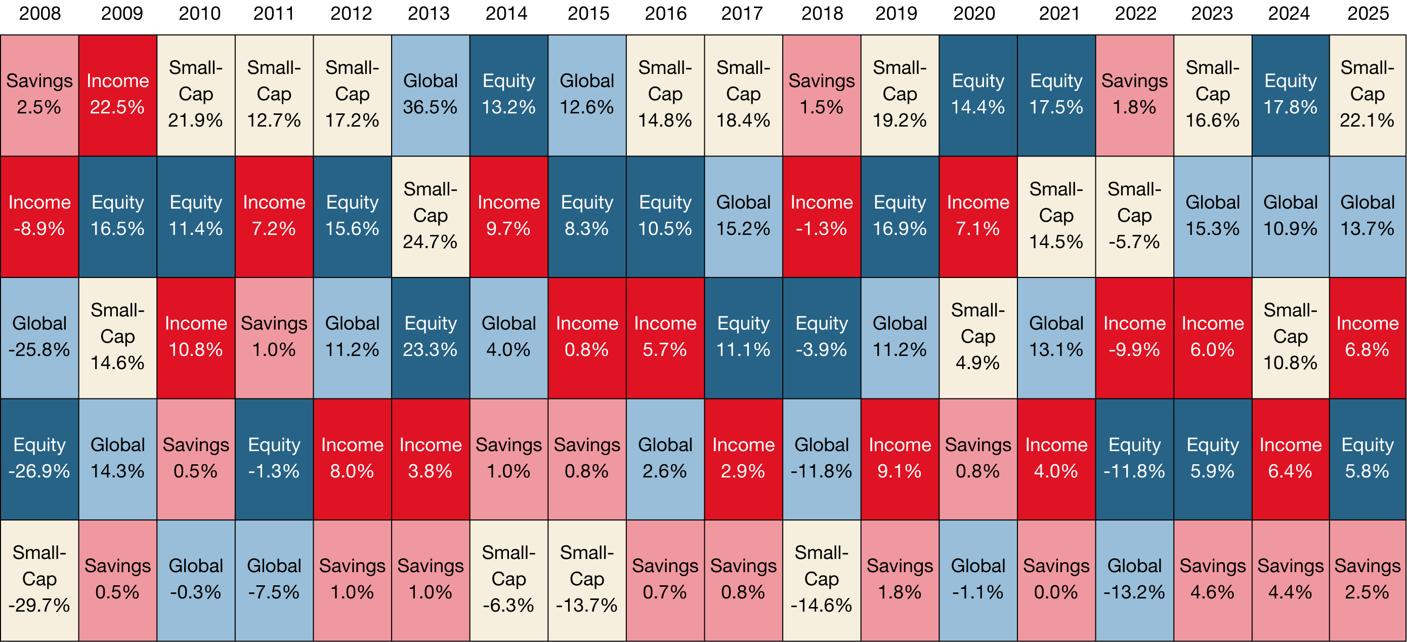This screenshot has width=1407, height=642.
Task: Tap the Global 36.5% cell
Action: [x=431, y=95]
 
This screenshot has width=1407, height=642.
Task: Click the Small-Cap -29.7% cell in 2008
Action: [x=39, y=580]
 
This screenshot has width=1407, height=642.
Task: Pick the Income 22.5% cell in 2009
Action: [x=117, y=95]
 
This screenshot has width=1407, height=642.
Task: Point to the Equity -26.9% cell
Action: [x=39, y=459]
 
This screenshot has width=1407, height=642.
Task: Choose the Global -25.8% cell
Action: [x=39, y=338]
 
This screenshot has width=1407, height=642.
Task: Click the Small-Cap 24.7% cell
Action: [x=431, y=216]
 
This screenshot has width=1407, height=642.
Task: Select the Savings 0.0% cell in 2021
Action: [x=1056, y=580]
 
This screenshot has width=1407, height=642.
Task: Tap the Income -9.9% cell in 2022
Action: [x=1134, y=338]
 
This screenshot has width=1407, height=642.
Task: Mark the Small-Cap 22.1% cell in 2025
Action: [x=1367, y=95]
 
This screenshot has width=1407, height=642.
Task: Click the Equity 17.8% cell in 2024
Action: [x=1290, y=95]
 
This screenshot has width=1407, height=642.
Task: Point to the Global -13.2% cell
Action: [x=1134, y=580]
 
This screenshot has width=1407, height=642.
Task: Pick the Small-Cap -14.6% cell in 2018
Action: [x=822, y=580]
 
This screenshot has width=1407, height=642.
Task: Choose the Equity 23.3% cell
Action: [x=431, y=338]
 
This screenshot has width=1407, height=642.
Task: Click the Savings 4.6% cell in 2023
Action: [x=1213, y=580]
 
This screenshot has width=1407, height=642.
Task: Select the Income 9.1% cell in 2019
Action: [x=900, y=459]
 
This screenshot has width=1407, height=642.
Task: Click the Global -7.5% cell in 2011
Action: [x=274, y=580]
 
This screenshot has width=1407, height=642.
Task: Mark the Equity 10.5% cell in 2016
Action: [x=665, y=216]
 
